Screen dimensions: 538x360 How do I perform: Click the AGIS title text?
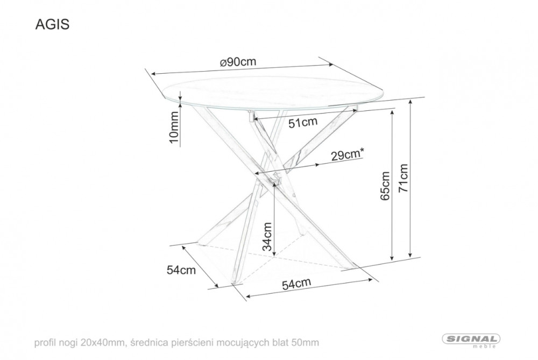[x=53, y=24]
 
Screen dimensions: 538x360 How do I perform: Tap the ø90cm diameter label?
[x=238, y=62]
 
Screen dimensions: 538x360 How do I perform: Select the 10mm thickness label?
[x=174, y=127]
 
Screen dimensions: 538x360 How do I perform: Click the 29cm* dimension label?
[x=347, y=155]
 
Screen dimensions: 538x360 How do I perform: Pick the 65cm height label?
[x=385, y=186]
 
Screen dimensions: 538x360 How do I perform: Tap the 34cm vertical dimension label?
[x=267, y=236]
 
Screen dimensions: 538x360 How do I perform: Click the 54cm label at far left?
[x=181, y=270]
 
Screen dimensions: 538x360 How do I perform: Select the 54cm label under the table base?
[x=296, y=284]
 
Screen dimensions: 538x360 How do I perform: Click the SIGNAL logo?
[x=471, y=339]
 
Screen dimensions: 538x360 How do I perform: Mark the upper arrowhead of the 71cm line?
[x=410, y=102]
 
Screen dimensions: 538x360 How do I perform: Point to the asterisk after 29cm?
[x=362, y=151]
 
